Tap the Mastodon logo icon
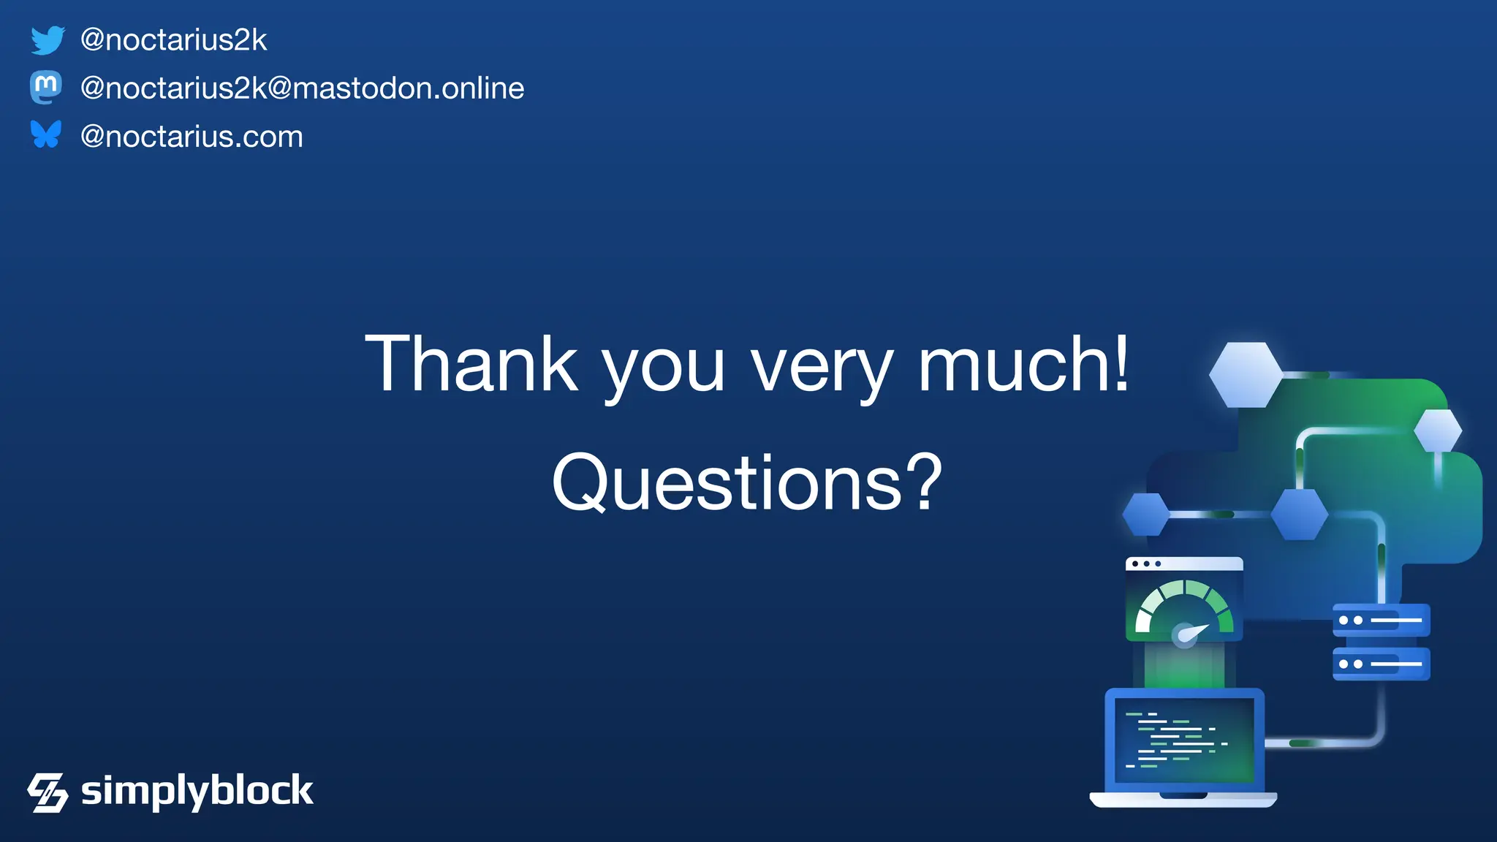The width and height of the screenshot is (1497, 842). coord(46,88)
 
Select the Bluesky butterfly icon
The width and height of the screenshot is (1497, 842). coord(46,134)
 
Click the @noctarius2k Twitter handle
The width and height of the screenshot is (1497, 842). coord(173,40)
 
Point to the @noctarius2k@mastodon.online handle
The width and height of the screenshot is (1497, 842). coord(302,88)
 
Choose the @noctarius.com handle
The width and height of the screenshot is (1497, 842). coord(192,137)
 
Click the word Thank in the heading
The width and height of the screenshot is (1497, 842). coord(471,363)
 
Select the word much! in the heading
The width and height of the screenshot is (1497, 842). coord(1023,363)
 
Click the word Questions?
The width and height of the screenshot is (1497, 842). coord(747,482)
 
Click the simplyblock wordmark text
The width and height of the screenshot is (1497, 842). coord(197,791)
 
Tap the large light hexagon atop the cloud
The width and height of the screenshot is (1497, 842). coord(1246,374)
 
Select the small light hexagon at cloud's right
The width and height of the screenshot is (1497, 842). coord(1438,431)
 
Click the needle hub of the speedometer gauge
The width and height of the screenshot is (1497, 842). coord(1184,635)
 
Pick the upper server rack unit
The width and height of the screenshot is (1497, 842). coord(1381,621)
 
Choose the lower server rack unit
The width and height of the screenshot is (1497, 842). coord(1381,664)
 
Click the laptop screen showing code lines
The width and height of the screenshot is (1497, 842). coord(1184,740)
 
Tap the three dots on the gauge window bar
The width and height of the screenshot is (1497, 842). coord(1146,564)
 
